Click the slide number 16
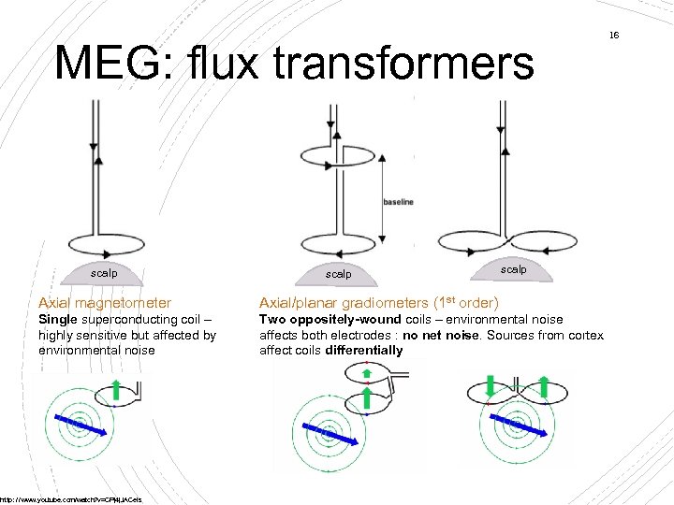(x=614, y=36)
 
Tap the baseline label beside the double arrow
(x=398, y=202)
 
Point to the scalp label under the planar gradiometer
(x=513, y=269)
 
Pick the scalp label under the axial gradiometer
(x=338, y=274)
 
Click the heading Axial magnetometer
(x=104, y=303)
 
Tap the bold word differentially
(x=364, y=351)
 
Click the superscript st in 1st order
(x=448, y=299)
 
